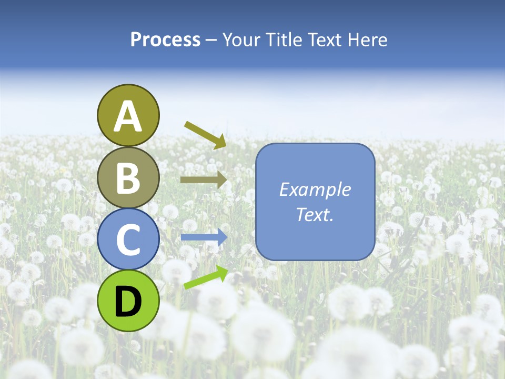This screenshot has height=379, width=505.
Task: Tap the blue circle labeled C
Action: pyautogui.click(x=128, y=239)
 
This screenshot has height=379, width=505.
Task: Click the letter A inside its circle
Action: pyautogui.click(x=128, y=116)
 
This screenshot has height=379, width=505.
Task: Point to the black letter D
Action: pyautogui.click(x=128, y=301)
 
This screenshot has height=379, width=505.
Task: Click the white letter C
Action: pyautogui.click(x=128, y=240)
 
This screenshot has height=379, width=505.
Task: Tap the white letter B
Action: pyautogui.click(x=128, y=178)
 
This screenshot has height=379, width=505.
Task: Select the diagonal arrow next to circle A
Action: pyautogui.click(x=205, y=134)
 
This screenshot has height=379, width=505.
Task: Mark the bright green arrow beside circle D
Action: pyautogui.click(x=206, y=277)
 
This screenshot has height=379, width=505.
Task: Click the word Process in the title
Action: pyautogui.click(x=165, y=40)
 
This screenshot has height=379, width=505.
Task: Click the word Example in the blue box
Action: pyautogui.click(x=315, y=190)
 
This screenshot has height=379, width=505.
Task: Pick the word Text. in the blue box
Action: pyautogui.click(x=315, y=215)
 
